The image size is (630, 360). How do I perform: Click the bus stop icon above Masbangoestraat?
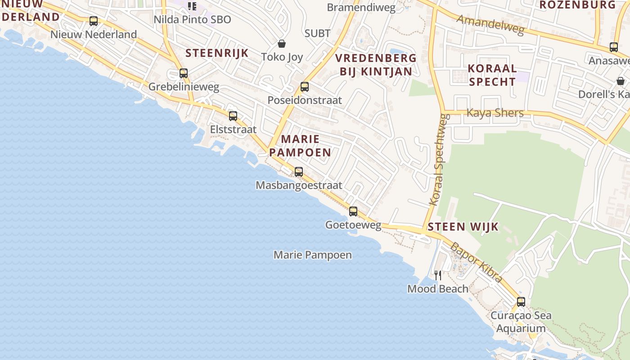(298, 171)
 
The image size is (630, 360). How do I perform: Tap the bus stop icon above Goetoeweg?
(353, 211)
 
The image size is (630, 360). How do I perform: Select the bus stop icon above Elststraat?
(233, 116)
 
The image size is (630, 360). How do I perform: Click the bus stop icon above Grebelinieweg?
(183, 73)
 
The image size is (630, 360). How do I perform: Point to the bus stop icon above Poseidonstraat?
(305, 87)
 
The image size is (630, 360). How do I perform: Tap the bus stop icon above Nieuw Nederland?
(94, 21)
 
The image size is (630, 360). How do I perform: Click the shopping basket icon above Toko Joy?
(282, 44)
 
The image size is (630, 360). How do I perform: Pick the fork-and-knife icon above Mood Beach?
(437, 275)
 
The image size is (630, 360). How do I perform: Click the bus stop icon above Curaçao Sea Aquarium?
(521, 301)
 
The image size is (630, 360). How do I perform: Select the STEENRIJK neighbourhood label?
(217, 53)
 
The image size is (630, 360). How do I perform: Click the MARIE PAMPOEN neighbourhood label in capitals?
(301, 146)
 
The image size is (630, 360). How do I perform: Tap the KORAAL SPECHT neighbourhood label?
(492, 75)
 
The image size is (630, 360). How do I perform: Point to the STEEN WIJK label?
(463, 226)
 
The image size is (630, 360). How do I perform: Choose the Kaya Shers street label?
(495, 112)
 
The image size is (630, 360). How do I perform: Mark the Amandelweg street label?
(490, 25)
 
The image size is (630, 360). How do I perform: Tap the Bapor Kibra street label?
(476, 263)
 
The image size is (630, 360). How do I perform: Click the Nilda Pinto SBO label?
(192, 19)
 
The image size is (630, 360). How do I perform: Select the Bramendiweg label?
(361, 8)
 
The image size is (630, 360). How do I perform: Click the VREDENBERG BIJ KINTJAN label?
(376, 65)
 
